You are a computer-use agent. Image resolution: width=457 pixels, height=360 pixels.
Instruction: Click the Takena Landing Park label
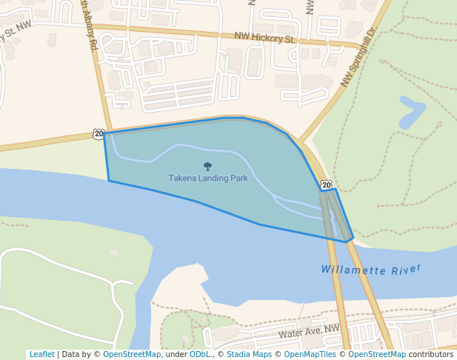tap(207, 179)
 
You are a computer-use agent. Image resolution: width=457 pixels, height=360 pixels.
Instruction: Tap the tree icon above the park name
tap(207, 167)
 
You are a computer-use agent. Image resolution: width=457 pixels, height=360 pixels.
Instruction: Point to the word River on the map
tap(407, 268)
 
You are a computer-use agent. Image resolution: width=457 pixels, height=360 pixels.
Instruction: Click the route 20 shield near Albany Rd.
tap(99, 133)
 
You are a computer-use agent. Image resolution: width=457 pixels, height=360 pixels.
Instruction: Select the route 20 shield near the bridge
tap(326, 184)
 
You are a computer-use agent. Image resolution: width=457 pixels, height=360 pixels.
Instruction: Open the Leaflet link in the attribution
tap(41, 354)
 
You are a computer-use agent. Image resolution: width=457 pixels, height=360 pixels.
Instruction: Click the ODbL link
tap(200, 354)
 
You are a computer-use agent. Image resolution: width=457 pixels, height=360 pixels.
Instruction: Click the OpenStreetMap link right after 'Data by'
tap(132, 354)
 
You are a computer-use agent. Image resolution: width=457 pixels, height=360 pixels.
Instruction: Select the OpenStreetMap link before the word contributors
tap(377, 354)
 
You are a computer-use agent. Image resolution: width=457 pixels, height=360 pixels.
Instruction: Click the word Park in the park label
tap(238, 179)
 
